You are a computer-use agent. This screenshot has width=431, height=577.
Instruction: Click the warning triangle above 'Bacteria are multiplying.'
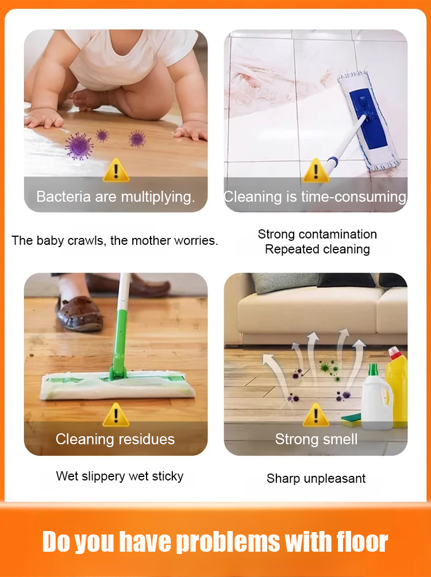click(116, 171)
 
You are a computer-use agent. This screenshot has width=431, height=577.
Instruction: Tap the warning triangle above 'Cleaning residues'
click(116, 415)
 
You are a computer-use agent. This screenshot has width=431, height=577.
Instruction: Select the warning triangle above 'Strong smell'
click(315, 415)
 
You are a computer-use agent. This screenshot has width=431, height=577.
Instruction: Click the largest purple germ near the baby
click(79, 147)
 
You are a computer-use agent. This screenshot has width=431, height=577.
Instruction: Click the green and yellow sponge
click(352, 420)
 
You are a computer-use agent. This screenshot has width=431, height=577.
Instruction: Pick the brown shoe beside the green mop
click(79, 314)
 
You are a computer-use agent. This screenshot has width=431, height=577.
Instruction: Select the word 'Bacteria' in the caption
click(63, 197)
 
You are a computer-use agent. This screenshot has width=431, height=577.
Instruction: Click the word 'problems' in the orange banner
click(228, 542)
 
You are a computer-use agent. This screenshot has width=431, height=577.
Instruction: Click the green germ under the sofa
click(325, 367)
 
